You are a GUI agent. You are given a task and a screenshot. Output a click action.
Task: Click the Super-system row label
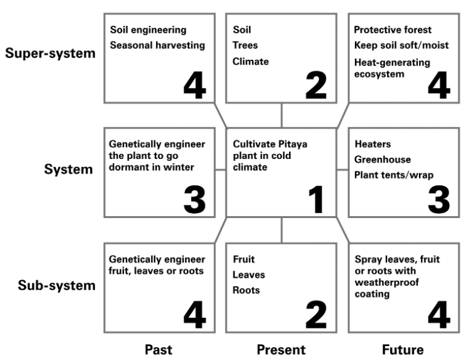click(x=50, y=54)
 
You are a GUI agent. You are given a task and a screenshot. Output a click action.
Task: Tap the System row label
click(x=68, y=169)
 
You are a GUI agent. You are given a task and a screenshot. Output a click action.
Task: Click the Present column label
click(x=281, y=350)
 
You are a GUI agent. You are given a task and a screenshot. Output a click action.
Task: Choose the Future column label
click(x=403, y=350)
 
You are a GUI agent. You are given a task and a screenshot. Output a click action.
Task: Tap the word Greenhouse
click(x=382, y=159)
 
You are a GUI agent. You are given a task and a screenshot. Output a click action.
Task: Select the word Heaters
click(x=372, y=144)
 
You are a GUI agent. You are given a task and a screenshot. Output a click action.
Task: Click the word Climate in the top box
click(x=250, y=62)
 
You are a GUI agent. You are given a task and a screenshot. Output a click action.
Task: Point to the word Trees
click(x=245, y=45)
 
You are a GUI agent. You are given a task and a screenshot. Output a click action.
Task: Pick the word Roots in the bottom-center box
click(x=246, y=290)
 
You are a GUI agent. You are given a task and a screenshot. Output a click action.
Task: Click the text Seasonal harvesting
click(x=157, y=45)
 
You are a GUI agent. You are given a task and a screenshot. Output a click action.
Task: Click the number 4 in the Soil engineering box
click(x=194, y=85)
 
